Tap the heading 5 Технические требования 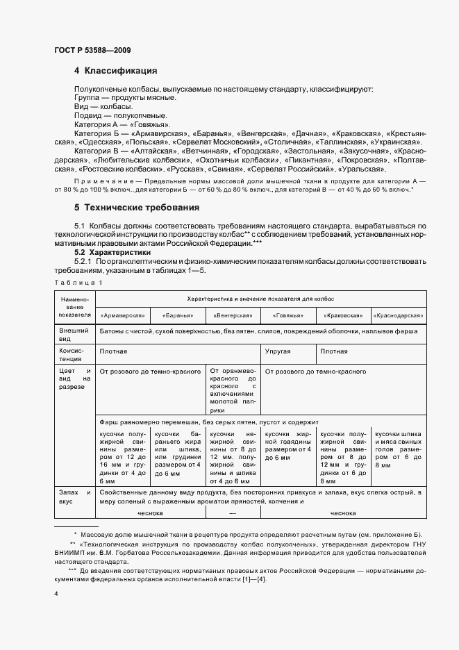[137, 208]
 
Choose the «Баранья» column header [177, 315]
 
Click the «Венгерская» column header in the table [233, 315]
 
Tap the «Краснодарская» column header [399, 315]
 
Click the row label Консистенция [74, 356]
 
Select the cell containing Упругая [278, 351]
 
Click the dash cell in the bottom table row [233, 513]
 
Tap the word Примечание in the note [102, 179]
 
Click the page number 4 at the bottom [56, 594]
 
